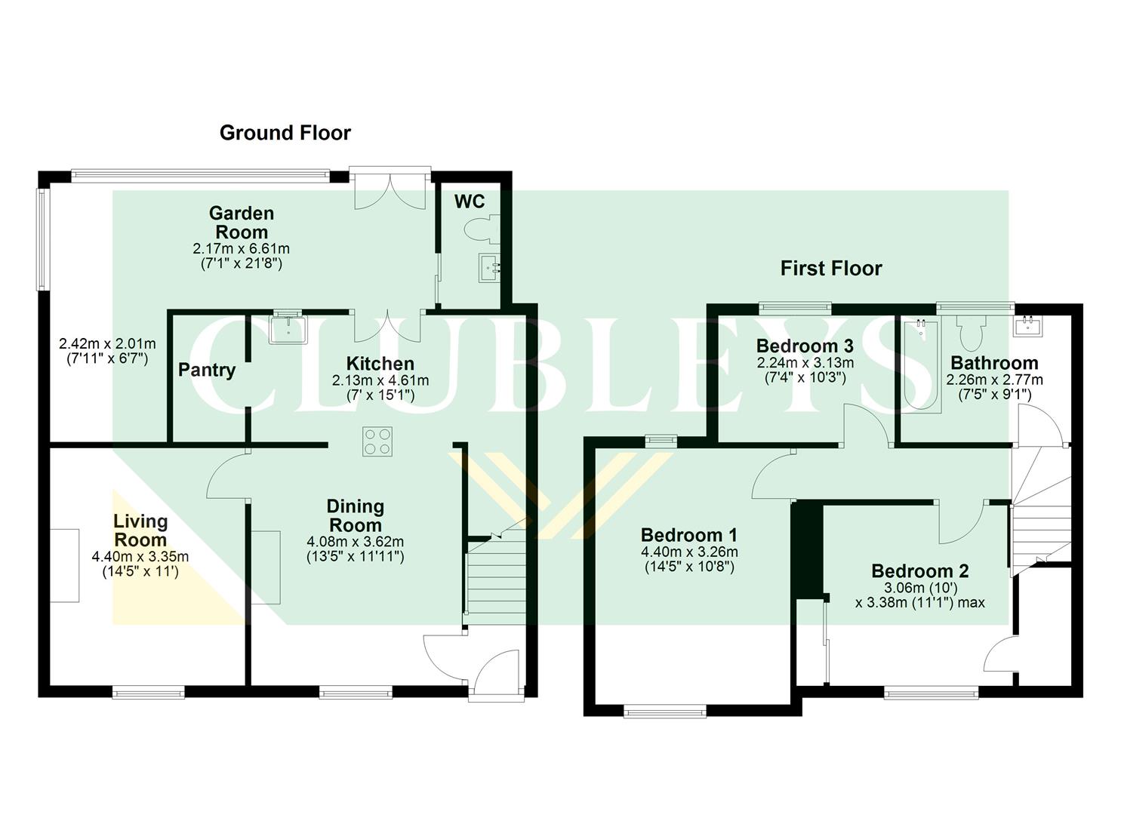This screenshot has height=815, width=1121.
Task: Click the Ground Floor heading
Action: coord(285,133)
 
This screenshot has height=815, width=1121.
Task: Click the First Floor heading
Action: coord(830,268)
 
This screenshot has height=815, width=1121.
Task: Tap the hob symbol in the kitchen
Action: coord(377,441)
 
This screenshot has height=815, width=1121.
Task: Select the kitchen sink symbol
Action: coord(288,329)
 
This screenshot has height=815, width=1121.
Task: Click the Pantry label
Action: coord(207,370)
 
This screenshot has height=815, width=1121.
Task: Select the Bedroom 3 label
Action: coord(805,346)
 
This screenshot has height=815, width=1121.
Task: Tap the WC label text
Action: coord(469,201)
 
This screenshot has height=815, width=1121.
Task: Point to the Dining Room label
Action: coord(355,515)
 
